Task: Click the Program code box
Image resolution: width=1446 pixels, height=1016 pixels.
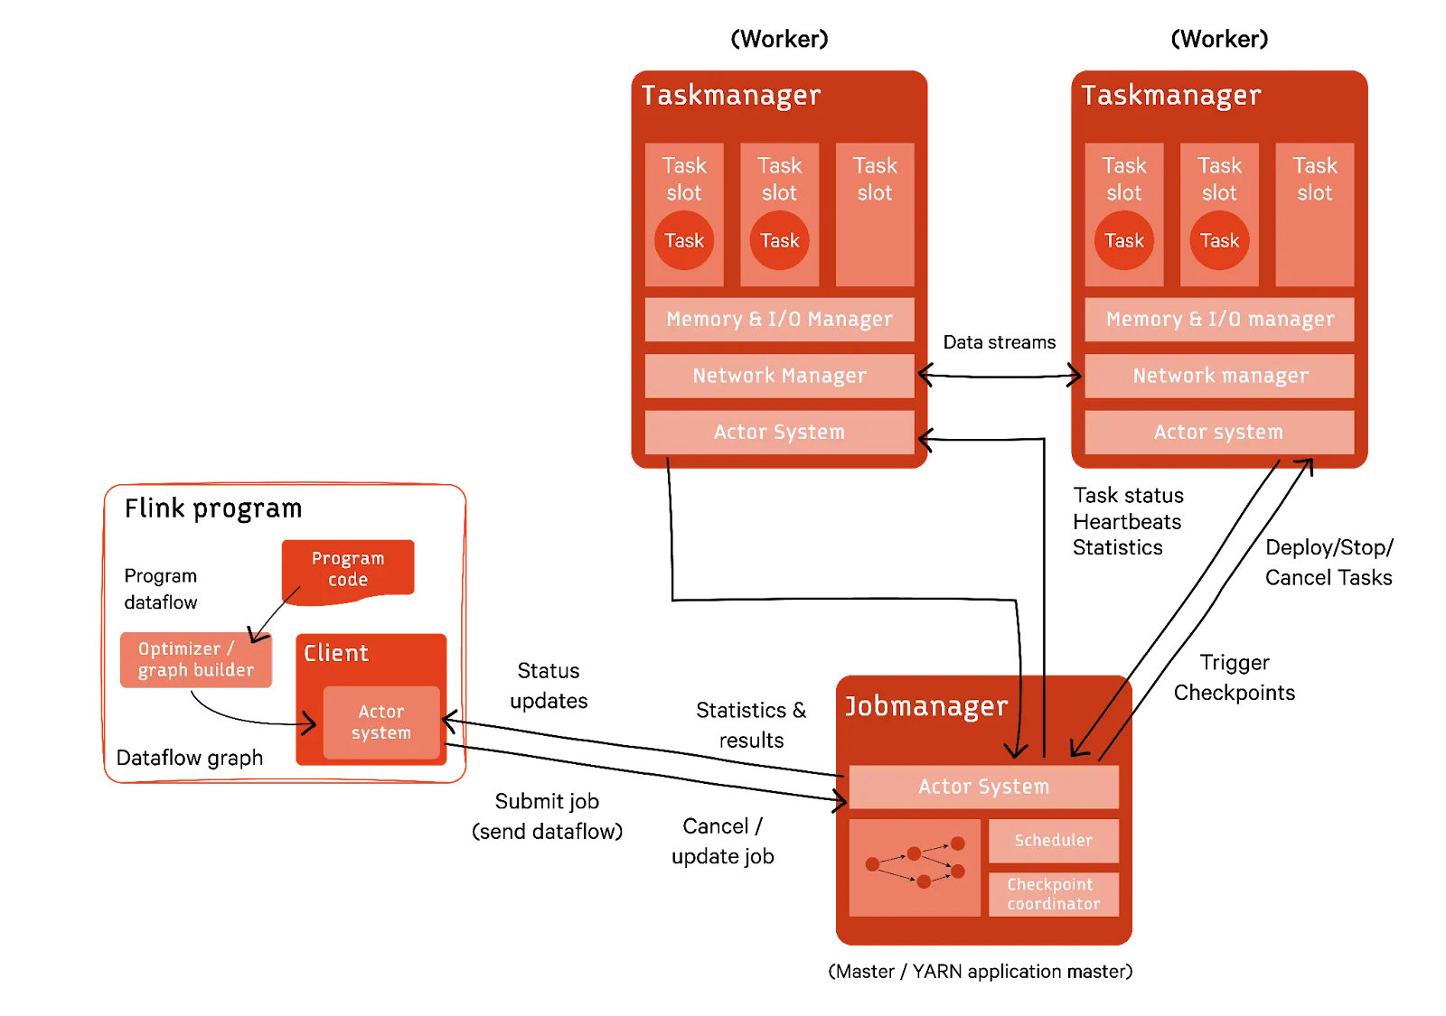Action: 348,568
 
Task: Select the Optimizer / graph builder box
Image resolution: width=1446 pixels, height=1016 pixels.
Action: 195,660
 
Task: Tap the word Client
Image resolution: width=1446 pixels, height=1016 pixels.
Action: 336,653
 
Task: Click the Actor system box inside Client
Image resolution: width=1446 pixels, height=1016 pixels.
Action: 381,722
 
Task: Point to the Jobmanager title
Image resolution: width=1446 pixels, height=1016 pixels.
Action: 925,706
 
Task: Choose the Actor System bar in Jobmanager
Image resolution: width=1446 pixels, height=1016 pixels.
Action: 983,787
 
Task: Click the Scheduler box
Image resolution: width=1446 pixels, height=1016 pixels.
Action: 1053,841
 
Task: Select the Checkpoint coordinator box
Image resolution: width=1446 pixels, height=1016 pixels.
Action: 1053,894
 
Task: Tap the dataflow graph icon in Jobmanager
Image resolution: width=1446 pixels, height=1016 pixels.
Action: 915,867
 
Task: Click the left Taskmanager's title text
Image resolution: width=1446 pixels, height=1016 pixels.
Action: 730,96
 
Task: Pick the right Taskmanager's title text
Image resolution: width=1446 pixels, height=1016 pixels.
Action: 1170,96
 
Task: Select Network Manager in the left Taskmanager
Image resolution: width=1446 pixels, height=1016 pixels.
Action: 779,376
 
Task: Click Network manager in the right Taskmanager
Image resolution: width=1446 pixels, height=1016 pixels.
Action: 1219,376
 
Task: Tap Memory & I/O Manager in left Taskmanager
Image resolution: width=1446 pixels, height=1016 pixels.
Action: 779,320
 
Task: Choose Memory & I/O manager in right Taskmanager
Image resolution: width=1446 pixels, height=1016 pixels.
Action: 1219,320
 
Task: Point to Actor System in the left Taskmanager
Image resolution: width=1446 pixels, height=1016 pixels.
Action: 779,433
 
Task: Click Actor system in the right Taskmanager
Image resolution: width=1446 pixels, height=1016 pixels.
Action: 1218,433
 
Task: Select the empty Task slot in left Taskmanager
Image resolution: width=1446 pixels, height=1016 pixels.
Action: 875,215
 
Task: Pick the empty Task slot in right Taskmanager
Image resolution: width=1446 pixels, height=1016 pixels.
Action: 1314,215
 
